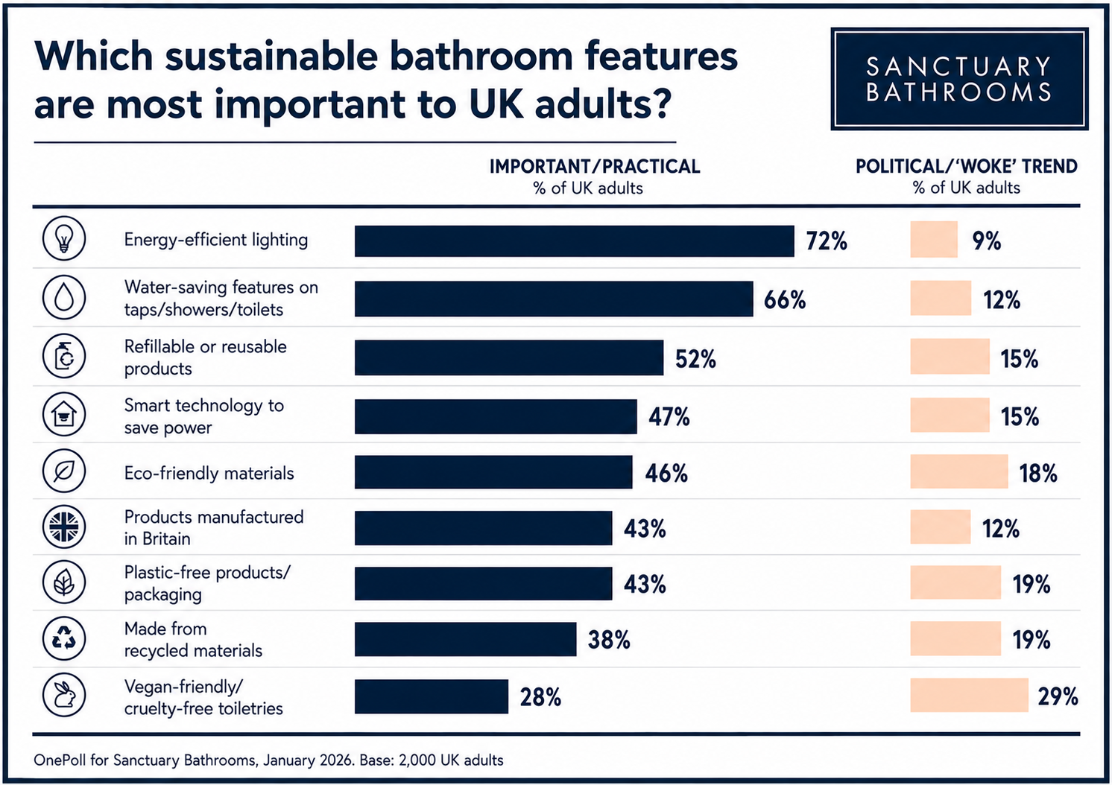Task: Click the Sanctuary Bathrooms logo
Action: (x=959, y=79)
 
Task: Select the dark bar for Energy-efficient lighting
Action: (x=575, y=241)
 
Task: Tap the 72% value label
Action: (x=826, y=241)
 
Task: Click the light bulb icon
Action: (x=64, y=238)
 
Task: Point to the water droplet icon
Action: (x=64, y=298)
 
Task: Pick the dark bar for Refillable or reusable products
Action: (x=509, y=357)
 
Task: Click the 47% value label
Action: (x=669, y=417)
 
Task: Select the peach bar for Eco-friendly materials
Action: (x=959, y=471)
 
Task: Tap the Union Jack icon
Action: (x=64, y=527)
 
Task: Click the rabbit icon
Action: (x=64, y=695)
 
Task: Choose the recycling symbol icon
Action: (x=64, y=638)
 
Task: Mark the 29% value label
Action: (x=1058, y=696)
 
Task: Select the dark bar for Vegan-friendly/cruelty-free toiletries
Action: (x=432, y=696)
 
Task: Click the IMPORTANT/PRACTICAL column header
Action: (x=595, y=167)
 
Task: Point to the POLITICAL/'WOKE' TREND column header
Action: (x=967, y=167)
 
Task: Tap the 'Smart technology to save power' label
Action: (x=204, y=416)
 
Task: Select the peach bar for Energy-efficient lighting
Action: (x=934, y=239)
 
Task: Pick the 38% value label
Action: (x=609, y=640)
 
